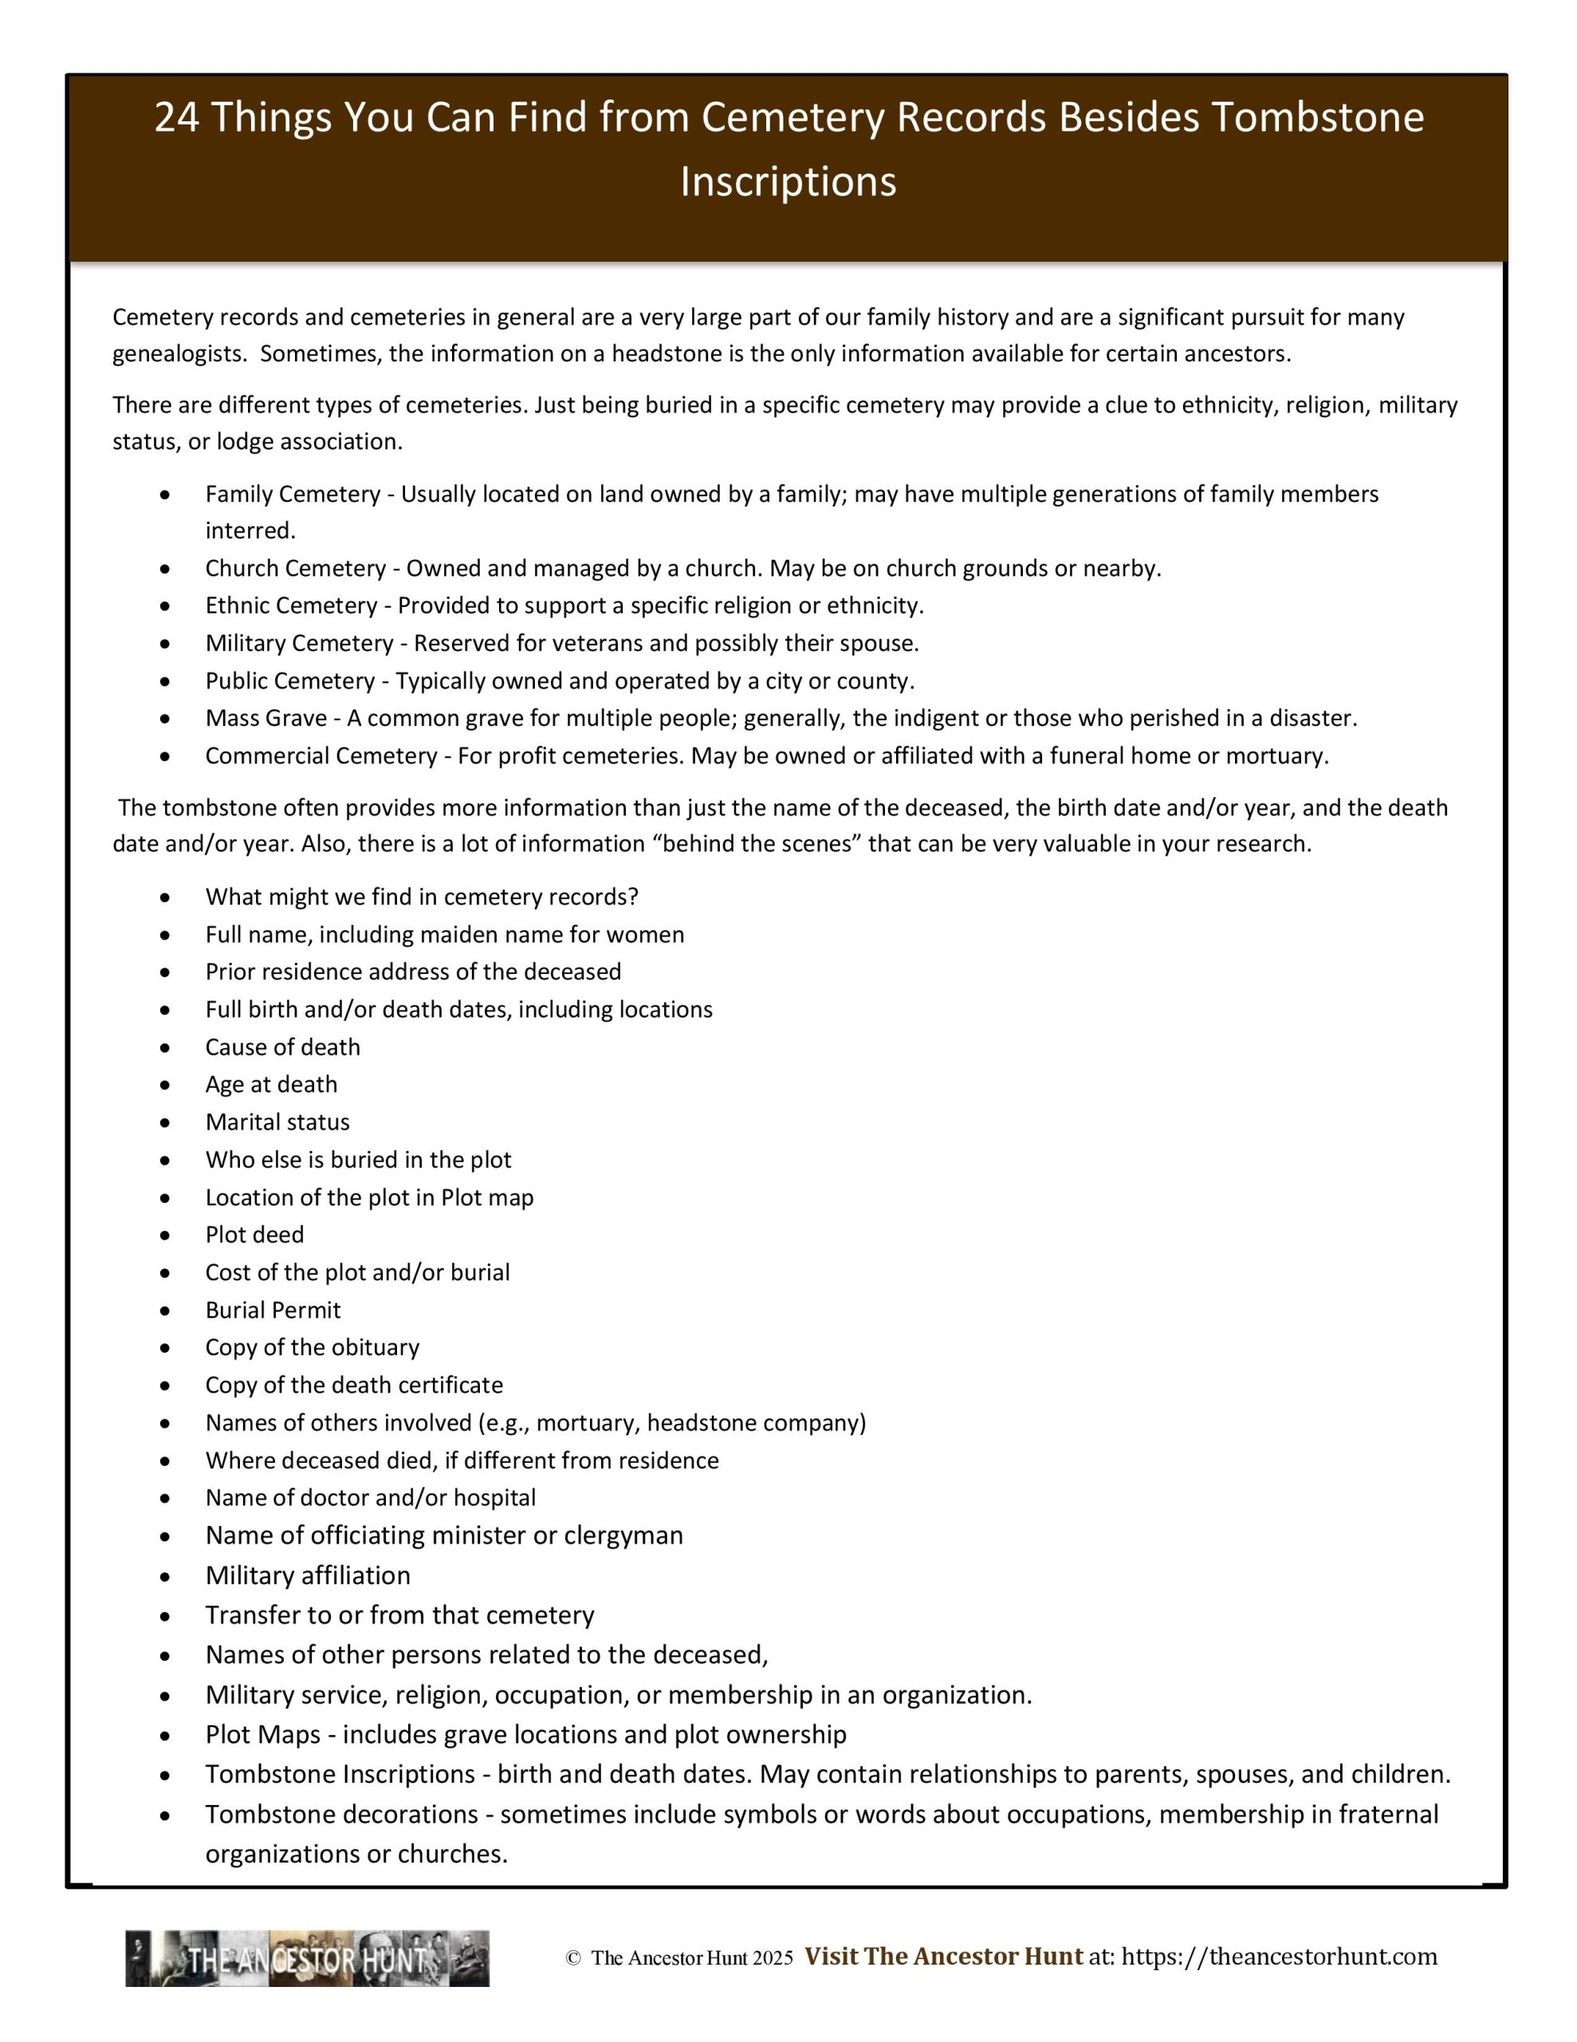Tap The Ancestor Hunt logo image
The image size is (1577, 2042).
pos(308,1959)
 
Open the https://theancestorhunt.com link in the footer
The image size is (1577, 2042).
pos(1279,1957)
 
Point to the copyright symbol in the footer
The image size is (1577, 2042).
pos(573,1959)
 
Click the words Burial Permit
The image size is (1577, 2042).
pos(273,1310)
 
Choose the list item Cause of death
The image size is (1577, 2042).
pos(282,1047)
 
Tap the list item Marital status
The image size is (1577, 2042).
pos(277,1122)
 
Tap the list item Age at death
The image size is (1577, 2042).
pos(271,1085)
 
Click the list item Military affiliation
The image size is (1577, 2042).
pos(308,1575)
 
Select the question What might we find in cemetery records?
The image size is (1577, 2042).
pos(422,897)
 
